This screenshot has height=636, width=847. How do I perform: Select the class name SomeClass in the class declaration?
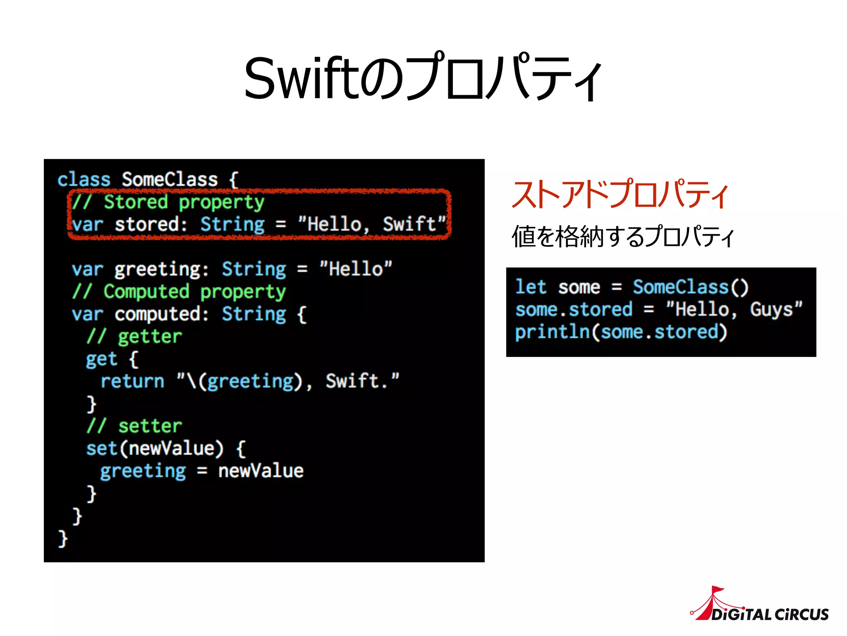pos(170,180)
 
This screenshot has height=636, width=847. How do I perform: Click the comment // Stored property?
pos(168,202)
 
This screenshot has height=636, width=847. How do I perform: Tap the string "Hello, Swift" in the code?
pos(372,224)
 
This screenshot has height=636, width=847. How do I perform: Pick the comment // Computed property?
pos(179,292)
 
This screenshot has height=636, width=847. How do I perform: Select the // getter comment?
pos(134,337)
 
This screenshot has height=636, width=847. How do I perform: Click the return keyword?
pos(132,381)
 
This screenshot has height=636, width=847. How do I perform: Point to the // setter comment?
pos(134,426)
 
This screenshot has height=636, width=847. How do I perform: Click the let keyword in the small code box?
pos(531,287)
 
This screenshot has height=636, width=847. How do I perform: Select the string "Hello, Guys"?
pos(734,309)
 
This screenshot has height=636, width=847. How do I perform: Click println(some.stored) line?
pos(621,332)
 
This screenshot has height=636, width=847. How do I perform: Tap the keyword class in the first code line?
pos(84,180)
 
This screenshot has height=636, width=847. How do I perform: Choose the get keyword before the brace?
pos(101,359)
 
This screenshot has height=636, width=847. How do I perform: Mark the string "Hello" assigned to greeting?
pos(356,269)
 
